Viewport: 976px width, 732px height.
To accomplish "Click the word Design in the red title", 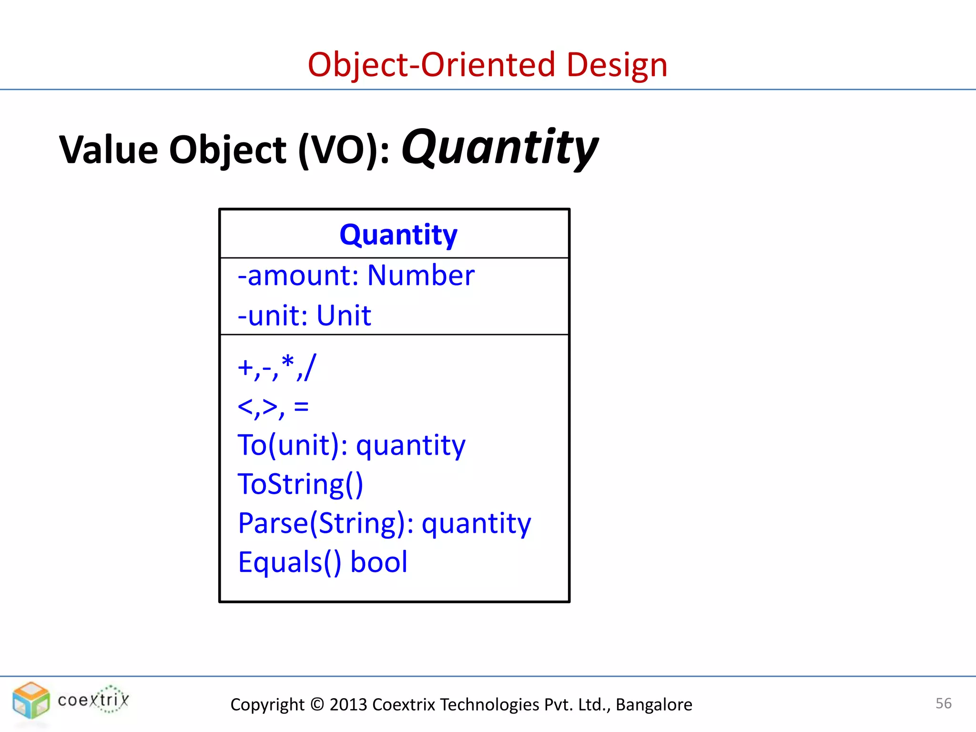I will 617,65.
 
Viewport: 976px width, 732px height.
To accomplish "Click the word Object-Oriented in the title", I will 431,65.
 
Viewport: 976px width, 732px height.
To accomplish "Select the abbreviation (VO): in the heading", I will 344,150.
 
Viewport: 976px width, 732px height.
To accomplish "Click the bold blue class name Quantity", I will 398,234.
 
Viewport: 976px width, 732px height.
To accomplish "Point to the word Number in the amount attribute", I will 421,275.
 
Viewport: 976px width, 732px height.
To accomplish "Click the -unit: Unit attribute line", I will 304,315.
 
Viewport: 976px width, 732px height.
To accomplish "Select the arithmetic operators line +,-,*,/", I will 276,367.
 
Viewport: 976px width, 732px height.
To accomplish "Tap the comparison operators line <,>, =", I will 273,407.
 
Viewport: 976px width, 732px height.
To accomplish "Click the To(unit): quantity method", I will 351,446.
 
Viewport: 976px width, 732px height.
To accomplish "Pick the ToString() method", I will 300,485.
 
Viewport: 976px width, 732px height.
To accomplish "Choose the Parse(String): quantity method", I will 384,524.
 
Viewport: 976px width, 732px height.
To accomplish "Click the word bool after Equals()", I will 379,562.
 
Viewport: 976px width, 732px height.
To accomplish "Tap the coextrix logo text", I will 93,700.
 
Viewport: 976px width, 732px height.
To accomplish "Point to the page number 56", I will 943,703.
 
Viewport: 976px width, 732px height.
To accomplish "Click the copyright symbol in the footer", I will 316,704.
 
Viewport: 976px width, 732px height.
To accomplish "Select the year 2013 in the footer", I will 348,704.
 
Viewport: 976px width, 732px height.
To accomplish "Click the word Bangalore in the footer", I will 654,704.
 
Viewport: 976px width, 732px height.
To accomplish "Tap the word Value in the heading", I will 109,150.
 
